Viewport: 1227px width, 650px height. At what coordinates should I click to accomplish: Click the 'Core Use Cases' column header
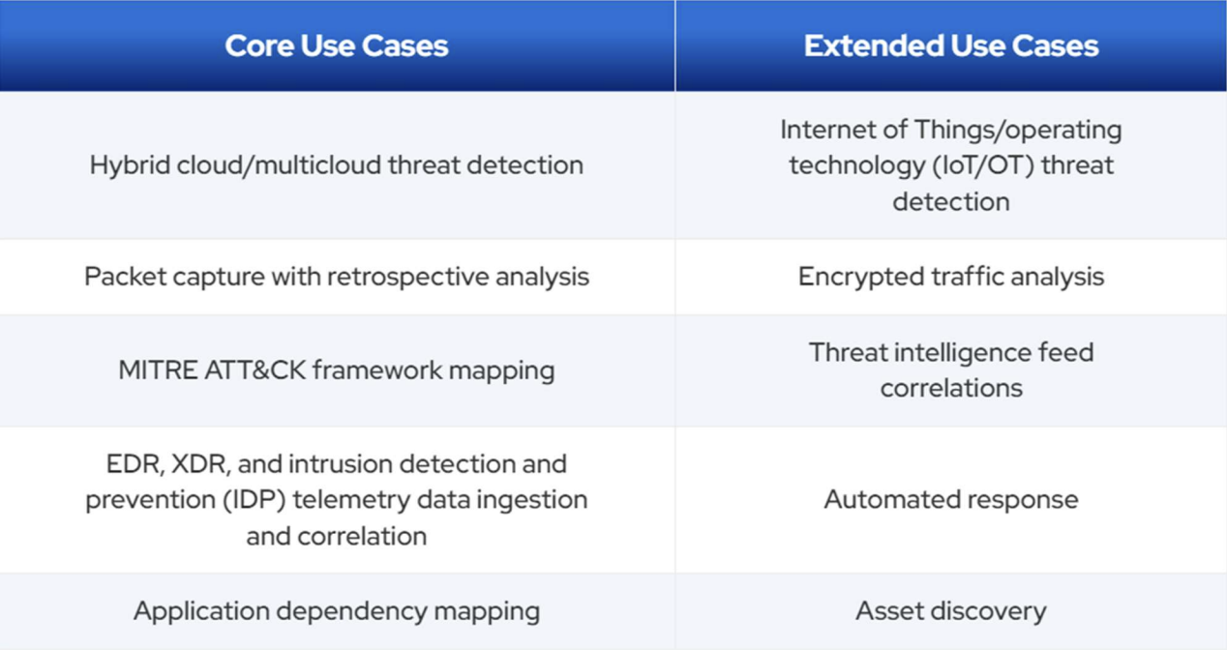tap(337, 45)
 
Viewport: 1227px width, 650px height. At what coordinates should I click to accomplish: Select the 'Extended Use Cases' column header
tap(951, 45)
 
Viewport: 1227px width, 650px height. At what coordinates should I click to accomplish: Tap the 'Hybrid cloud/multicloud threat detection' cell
tap(337, 165)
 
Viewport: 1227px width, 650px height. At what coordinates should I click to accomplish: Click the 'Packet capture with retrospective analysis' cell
tap(337, 277)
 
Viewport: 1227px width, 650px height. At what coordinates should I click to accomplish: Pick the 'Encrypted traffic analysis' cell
tap(951, 277)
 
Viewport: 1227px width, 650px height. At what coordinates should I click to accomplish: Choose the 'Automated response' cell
tap(951, 499)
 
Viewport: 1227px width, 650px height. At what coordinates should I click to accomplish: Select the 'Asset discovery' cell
tap(951, 610)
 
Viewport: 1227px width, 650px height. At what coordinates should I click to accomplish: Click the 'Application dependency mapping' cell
tap(337, 611)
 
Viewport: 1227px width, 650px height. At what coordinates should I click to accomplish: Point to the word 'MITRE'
tap(158, 370)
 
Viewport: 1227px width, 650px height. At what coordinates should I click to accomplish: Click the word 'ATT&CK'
tap(255, 370)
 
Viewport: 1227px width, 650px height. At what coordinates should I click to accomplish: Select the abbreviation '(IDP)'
tap(254, 500)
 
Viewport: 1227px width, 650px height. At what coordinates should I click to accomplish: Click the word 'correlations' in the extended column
tap(951, 388)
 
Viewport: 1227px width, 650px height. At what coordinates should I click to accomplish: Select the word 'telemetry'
tap(351, 500)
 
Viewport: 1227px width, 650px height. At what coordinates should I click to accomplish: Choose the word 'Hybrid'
tap(130, 165)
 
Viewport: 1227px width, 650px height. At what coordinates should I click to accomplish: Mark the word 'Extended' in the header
tap(873, 45)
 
